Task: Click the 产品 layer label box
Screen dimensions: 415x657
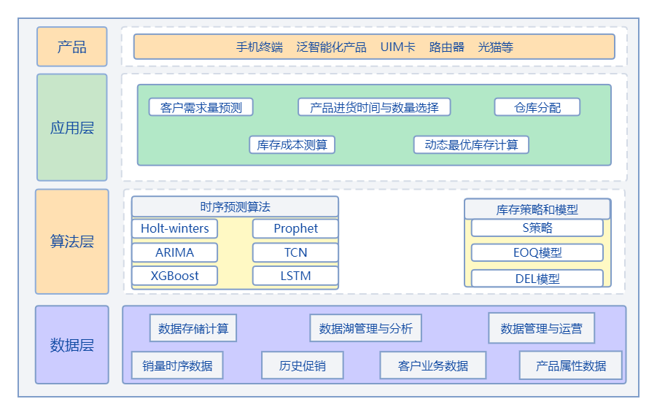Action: pos(71,47)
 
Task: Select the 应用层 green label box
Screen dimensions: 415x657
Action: pos(71,128)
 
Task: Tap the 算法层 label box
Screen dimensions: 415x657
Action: pos(71,241)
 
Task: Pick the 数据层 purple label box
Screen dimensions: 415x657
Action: pos(71,345)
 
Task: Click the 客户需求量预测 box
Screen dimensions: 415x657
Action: pos(201,107)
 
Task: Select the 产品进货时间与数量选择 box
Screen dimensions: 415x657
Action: pos(374,107)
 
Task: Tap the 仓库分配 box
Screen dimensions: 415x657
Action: pos(537,107)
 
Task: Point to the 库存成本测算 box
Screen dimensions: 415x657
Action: pos(292,144)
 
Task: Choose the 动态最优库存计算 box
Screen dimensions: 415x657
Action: pos(471,144)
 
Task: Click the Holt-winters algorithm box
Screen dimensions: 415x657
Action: pos(174,228)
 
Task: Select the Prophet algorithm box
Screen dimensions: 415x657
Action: pos(295,228)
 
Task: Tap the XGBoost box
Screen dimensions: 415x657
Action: pos(174,276)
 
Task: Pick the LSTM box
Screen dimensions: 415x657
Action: pos(295,276)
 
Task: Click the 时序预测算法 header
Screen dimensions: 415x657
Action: pos(235,207)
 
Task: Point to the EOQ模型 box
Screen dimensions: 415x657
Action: pos(537,253)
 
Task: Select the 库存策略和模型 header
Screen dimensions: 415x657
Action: pos(537,209)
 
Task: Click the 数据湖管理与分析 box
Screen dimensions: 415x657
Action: pos(365,329)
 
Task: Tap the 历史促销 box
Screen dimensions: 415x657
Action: pos(302,365)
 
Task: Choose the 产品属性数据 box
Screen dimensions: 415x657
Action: pos(570,365)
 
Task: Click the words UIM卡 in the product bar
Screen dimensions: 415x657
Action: pos(397,47)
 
